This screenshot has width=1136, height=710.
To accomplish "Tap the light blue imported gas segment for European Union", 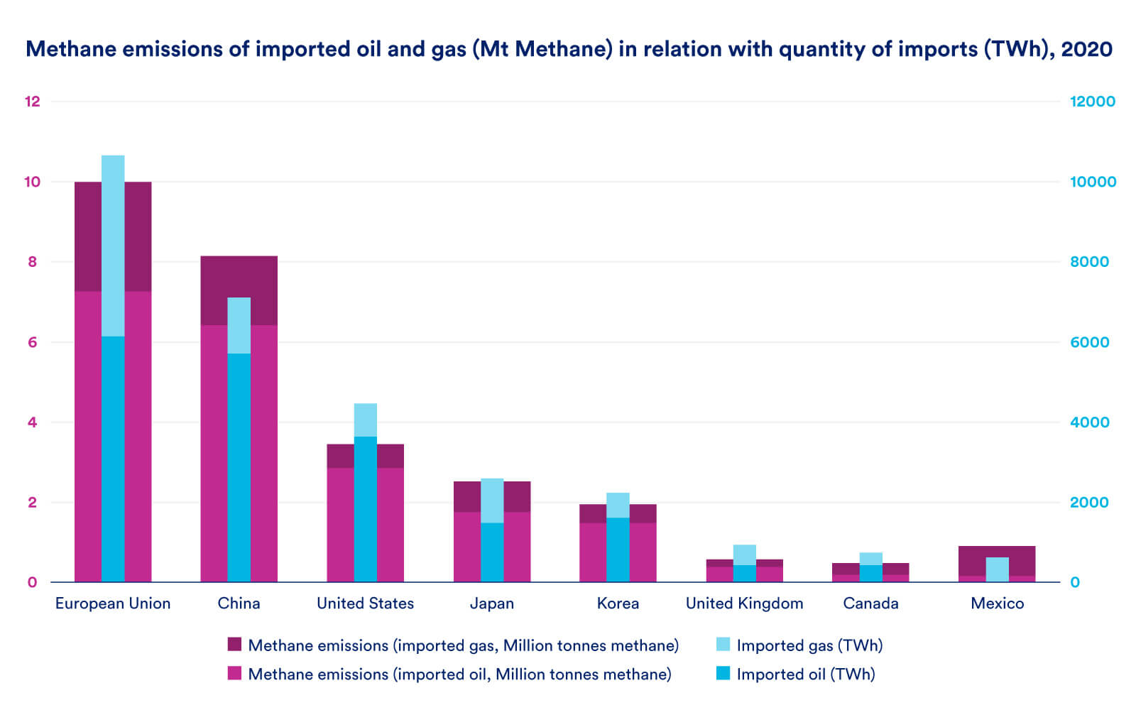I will (113, 245).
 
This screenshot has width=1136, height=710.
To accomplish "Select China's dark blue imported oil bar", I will (239, 467).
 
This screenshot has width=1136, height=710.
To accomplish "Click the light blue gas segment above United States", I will (365, 420).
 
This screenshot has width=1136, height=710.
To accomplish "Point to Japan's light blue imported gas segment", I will (491, 501).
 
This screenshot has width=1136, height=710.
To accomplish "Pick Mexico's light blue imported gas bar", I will (997, 569).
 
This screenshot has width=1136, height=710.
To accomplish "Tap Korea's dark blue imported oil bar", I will (618, 550).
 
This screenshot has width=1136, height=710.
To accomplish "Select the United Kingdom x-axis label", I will (744, 603).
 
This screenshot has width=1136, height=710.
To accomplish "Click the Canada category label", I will (870, 603).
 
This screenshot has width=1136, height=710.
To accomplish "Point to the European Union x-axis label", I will (113, 603).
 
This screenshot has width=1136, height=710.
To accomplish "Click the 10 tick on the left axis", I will (32, 182).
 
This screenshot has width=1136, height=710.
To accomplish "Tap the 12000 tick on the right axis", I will (1092, 102).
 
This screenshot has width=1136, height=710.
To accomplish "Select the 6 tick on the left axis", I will (32, 342).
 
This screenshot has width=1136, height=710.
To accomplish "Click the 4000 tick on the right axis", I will (1089, 422).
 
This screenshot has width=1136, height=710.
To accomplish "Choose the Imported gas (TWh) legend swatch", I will (723, 645).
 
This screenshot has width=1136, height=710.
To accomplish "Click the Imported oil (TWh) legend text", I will (805, 674).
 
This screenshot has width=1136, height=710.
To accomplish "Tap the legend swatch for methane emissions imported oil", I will (234, 673).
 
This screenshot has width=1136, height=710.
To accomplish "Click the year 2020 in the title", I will (1086, 49).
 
